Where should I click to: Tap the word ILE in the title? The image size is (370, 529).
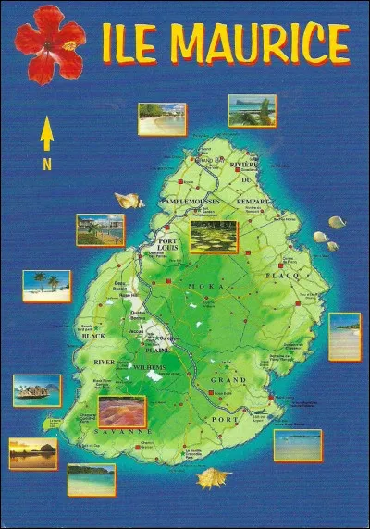(x=132, y=43)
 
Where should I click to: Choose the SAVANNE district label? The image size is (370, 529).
(x=120, y=431)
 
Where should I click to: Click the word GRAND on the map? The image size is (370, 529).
(x=228, y=380)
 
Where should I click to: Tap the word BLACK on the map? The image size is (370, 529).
(x=95, y=336)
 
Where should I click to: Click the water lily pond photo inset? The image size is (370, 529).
(x=213, y=237)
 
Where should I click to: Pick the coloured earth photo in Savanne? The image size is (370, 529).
(x=120, y=411)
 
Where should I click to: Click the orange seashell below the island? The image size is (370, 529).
(x=214, y=478)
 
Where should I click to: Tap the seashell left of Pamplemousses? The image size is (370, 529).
(x=129, y=200)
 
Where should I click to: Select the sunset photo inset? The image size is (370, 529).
(x=33, y=453)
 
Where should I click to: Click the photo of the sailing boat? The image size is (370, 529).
(x=37, y=390)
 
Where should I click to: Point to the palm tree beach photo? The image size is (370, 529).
(x=47, y=285)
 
